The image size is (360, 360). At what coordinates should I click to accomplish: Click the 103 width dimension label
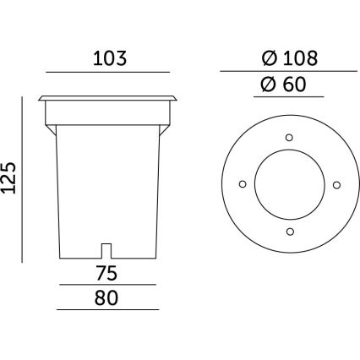pos(109,59)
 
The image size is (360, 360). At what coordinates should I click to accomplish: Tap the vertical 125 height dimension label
pos(11,178)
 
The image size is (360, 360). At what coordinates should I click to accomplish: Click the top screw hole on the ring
pos(289,136)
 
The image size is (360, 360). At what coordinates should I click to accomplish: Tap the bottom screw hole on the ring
pos(289,231)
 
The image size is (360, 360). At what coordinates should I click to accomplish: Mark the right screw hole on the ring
pos(336,183)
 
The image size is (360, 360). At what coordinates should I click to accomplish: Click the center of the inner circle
pos(289,183)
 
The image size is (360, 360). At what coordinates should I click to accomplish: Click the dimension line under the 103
pos(109,72)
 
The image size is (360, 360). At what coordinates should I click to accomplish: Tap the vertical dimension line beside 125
pos(23,179)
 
